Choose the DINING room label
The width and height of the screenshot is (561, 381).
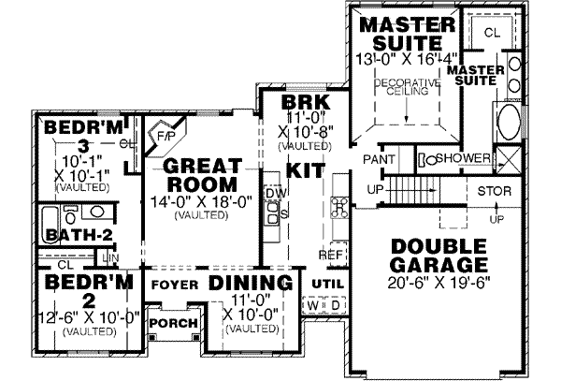coord(246,283)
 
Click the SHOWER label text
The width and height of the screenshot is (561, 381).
coord(463,158)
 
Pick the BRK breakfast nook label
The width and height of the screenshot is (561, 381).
coord(283,102)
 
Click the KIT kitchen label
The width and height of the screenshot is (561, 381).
coord(305,170)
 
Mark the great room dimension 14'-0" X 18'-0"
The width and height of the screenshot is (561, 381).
coord(199,199)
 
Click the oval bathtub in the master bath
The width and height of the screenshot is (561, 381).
coord(510,123)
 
